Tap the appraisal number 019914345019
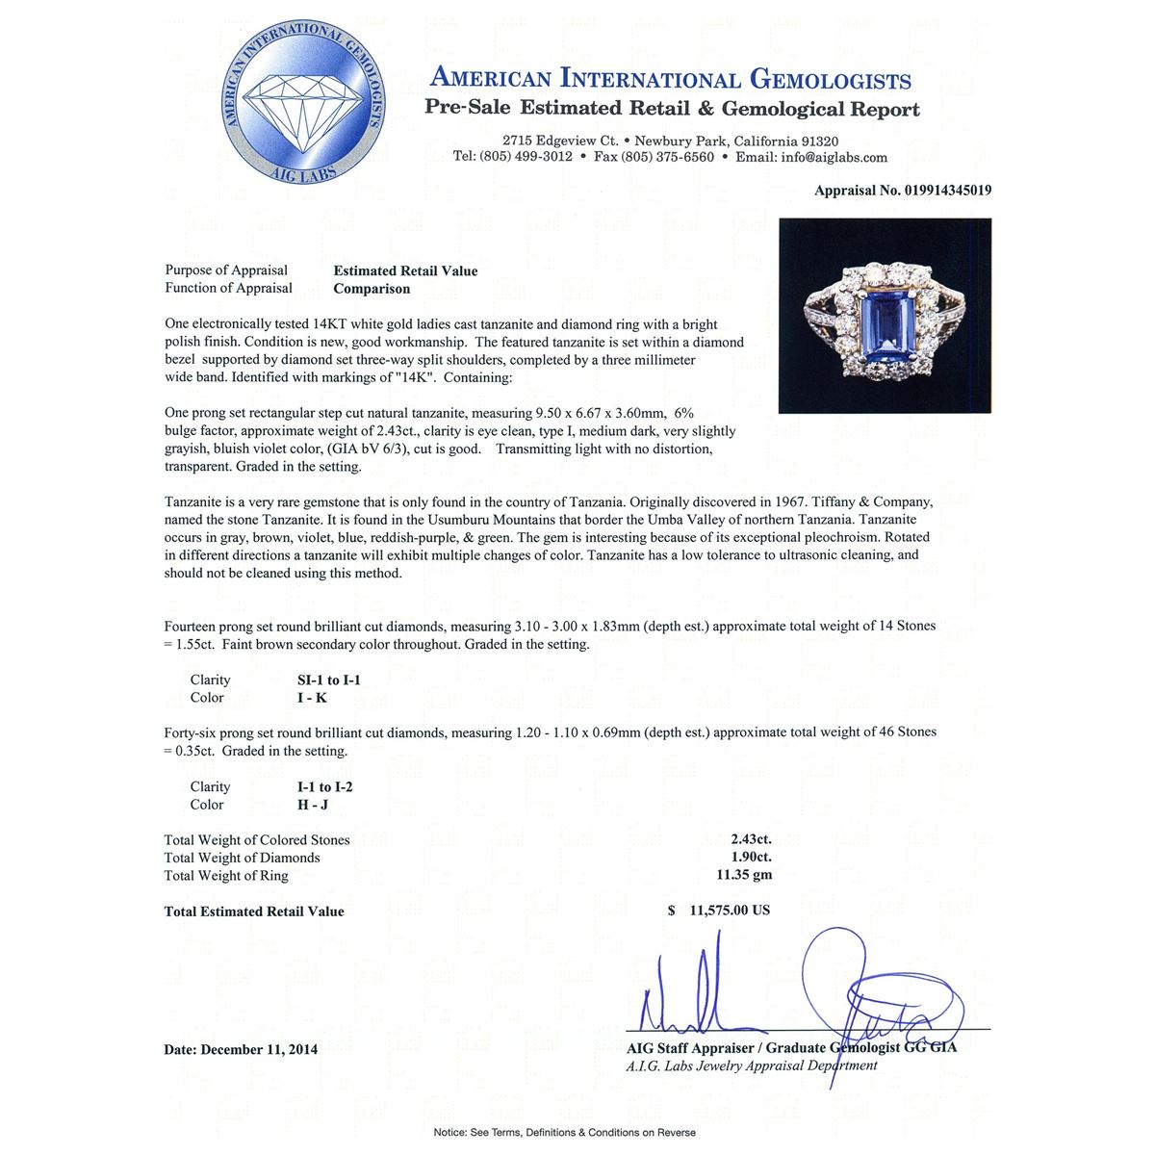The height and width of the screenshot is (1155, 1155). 947,191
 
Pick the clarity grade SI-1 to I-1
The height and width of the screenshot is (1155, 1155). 329,680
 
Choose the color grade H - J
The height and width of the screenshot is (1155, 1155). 314,805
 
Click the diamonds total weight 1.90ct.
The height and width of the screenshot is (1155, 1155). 752,858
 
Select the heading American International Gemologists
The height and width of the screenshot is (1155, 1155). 670,79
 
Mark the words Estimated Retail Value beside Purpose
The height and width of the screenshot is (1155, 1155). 405,270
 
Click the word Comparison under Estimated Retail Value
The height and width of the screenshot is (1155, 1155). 372,289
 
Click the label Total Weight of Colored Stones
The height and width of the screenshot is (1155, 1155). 257,840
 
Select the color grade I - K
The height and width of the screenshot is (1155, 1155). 314,698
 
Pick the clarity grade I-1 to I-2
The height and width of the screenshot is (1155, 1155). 325,787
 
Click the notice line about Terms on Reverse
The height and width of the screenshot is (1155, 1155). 564,1132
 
